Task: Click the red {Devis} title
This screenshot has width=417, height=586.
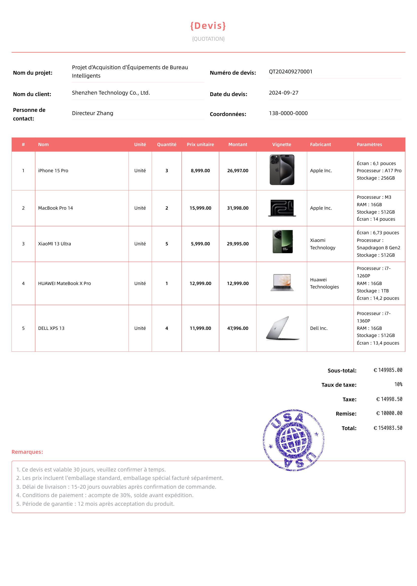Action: (x=208, y=26)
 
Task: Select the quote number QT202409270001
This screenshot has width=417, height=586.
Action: (x=290, y=72)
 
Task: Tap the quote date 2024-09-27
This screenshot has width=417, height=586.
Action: (x=284, y=93)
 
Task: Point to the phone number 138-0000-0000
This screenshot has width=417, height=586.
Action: (x=288, y=113)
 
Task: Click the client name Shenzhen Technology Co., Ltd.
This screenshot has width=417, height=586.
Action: (x=111, y=93)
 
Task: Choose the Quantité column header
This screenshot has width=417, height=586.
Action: (x=167, y=144)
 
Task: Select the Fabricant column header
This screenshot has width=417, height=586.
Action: (x=320, y=144)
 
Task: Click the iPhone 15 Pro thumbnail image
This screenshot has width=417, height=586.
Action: (x=282, y=170)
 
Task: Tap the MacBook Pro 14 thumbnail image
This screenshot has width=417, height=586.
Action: (x=282, y=208)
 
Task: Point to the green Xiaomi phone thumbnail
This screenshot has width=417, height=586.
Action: (x=282, y=241)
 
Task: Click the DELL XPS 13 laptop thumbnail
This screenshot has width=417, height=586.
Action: (x=282, y=328)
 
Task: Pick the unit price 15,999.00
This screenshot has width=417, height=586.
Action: (x=200, y=208)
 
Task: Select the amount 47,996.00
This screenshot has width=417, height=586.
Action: (x=238, y=328)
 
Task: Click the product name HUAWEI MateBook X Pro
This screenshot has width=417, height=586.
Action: (x=64, y=283)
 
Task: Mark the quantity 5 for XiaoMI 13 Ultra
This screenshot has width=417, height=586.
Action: (x=167, y=244)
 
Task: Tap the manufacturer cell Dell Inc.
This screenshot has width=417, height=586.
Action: (x=319, y=328)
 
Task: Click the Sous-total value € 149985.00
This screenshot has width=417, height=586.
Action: (x=388, y=370)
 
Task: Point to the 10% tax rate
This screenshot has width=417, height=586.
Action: (x=398, y=385)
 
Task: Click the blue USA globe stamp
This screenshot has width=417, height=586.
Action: (x=293, y=440)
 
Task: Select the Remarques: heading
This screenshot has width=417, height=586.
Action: (x=27, y=452)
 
